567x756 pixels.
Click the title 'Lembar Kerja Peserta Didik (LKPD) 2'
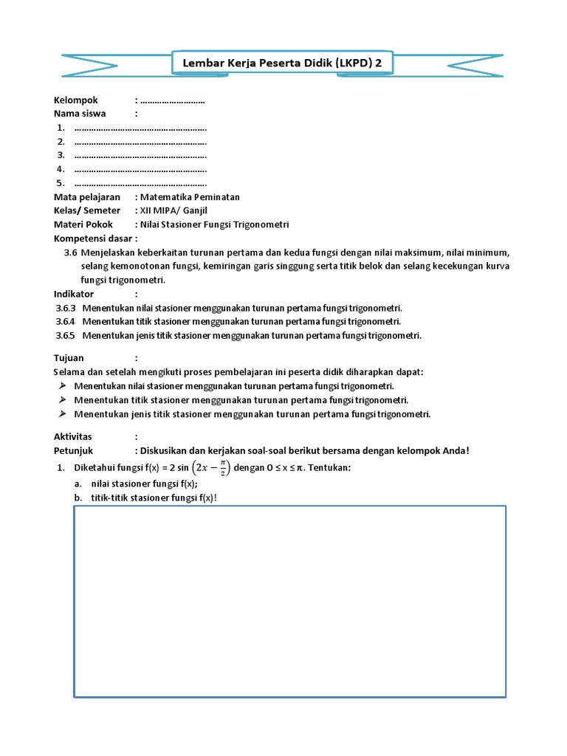point(283,63)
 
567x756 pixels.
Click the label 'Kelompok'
point(76,100)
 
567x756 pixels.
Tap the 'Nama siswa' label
point(80,113)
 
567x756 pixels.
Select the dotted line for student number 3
point(140,155)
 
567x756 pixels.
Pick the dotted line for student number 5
point(140,183)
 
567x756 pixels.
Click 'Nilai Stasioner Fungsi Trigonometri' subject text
point(214,224)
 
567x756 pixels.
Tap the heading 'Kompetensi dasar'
point(93,238)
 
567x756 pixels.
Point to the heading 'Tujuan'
point(69,358)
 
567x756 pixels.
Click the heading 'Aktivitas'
point(74,437)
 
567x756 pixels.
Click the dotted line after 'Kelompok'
point(172,100)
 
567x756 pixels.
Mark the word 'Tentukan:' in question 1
point(329,468)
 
